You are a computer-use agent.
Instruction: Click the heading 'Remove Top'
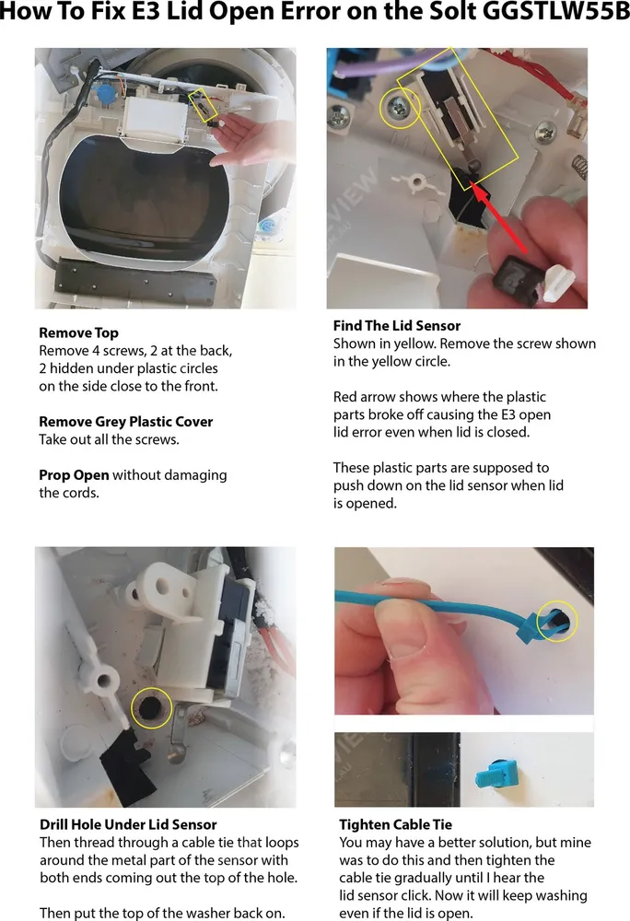point(78,333)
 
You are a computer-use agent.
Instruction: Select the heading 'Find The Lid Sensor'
point(397,325)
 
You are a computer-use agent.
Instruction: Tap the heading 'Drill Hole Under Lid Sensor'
point(128,824)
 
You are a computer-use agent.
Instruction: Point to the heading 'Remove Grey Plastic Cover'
point(125,422)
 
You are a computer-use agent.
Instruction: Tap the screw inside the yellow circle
point(399,108)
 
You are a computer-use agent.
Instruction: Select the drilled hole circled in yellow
point(152,707)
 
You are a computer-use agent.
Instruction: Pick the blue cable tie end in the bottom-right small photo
point(496,775)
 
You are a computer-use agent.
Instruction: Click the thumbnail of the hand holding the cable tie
point(464,631)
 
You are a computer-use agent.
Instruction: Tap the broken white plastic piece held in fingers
point(560,281)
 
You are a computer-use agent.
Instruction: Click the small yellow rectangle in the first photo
point(204,105)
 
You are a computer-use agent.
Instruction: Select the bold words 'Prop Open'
point(74,475)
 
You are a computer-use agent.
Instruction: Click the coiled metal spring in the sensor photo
point(578,165)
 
